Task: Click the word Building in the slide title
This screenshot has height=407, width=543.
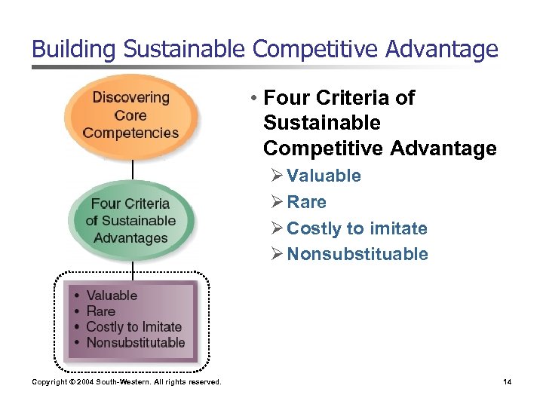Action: (73, 50)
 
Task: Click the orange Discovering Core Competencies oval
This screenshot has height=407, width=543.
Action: (131, 115)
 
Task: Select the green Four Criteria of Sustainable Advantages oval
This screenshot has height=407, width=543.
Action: (131, 221)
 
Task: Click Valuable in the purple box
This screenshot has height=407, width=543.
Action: (112, 295)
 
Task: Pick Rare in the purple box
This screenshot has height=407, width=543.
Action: (101, 311)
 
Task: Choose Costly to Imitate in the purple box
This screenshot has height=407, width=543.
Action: (134, 327)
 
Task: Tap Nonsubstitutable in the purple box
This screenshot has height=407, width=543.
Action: (136, 343)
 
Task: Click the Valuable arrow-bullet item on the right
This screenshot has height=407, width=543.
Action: (324, 176)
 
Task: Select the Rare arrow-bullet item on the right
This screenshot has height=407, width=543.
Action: (306, 202)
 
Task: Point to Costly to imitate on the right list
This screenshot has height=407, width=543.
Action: (357, 228)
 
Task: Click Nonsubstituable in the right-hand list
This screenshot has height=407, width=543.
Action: (357, 254)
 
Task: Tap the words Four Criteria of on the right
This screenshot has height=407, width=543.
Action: (339, 98)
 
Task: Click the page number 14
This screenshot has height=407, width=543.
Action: (507, 382)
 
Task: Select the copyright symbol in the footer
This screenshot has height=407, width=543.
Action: (72, 382)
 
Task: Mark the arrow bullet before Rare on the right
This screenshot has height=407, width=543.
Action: (276, 202)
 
